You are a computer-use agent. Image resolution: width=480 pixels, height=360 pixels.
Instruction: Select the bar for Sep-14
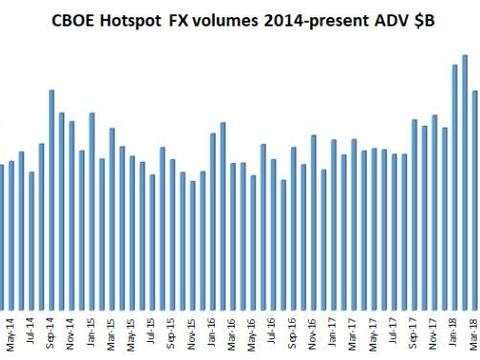52,200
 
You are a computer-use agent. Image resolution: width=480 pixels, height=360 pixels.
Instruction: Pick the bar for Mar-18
475,200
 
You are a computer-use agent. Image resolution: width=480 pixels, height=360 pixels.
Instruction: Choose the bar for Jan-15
92,211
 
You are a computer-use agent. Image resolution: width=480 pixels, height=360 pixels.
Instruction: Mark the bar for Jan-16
213,221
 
